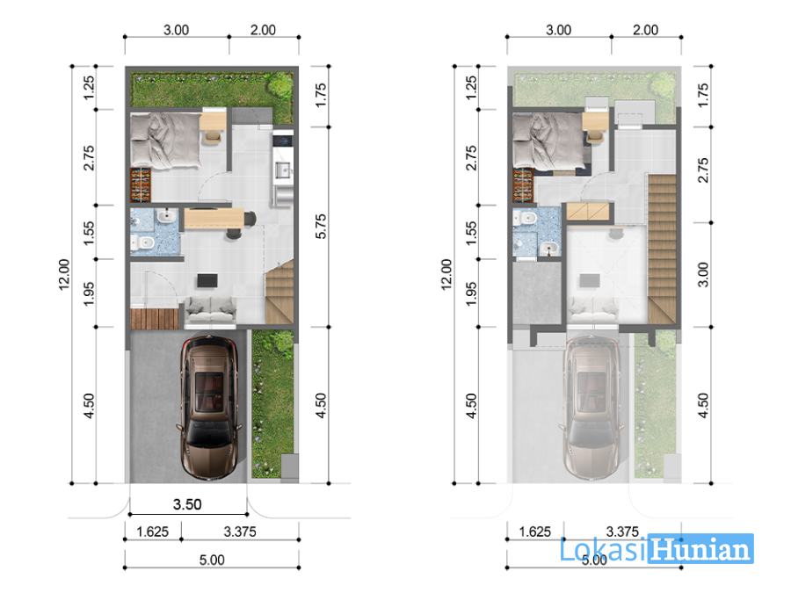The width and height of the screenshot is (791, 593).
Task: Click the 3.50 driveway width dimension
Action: point(187,504)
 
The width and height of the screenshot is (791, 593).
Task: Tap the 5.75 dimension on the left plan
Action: point(321,227)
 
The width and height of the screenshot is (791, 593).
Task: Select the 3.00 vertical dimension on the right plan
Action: point(703,274)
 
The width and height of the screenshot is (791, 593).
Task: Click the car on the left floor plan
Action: point(209,407)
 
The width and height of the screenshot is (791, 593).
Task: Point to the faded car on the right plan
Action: point(591,407)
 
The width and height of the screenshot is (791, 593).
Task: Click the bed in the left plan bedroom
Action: point(165,141)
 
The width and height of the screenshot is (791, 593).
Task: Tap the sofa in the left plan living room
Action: point(210,309)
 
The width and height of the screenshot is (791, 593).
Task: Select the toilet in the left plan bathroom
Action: point(142,243)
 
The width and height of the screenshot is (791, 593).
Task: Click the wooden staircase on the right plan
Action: point(661,249)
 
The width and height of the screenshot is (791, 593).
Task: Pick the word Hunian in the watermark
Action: point(701,549)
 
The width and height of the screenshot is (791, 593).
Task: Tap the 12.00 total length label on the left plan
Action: point(63,274)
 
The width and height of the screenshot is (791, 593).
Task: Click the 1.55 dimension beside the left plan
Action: point(88,233)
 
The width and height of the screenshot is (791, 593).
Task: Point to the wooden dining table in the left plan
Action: point(214,219)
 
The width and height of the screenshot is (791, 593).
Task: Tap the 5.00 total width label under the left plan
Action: point(212,560)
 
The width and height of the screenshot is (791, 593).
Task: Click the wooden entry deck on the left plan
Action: point(155,319)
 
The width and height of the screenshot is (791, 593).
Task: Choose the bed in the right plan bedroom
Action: point(548,141)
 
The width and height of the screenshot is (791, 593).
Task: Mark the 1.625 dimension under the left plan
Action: point(152,532)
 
